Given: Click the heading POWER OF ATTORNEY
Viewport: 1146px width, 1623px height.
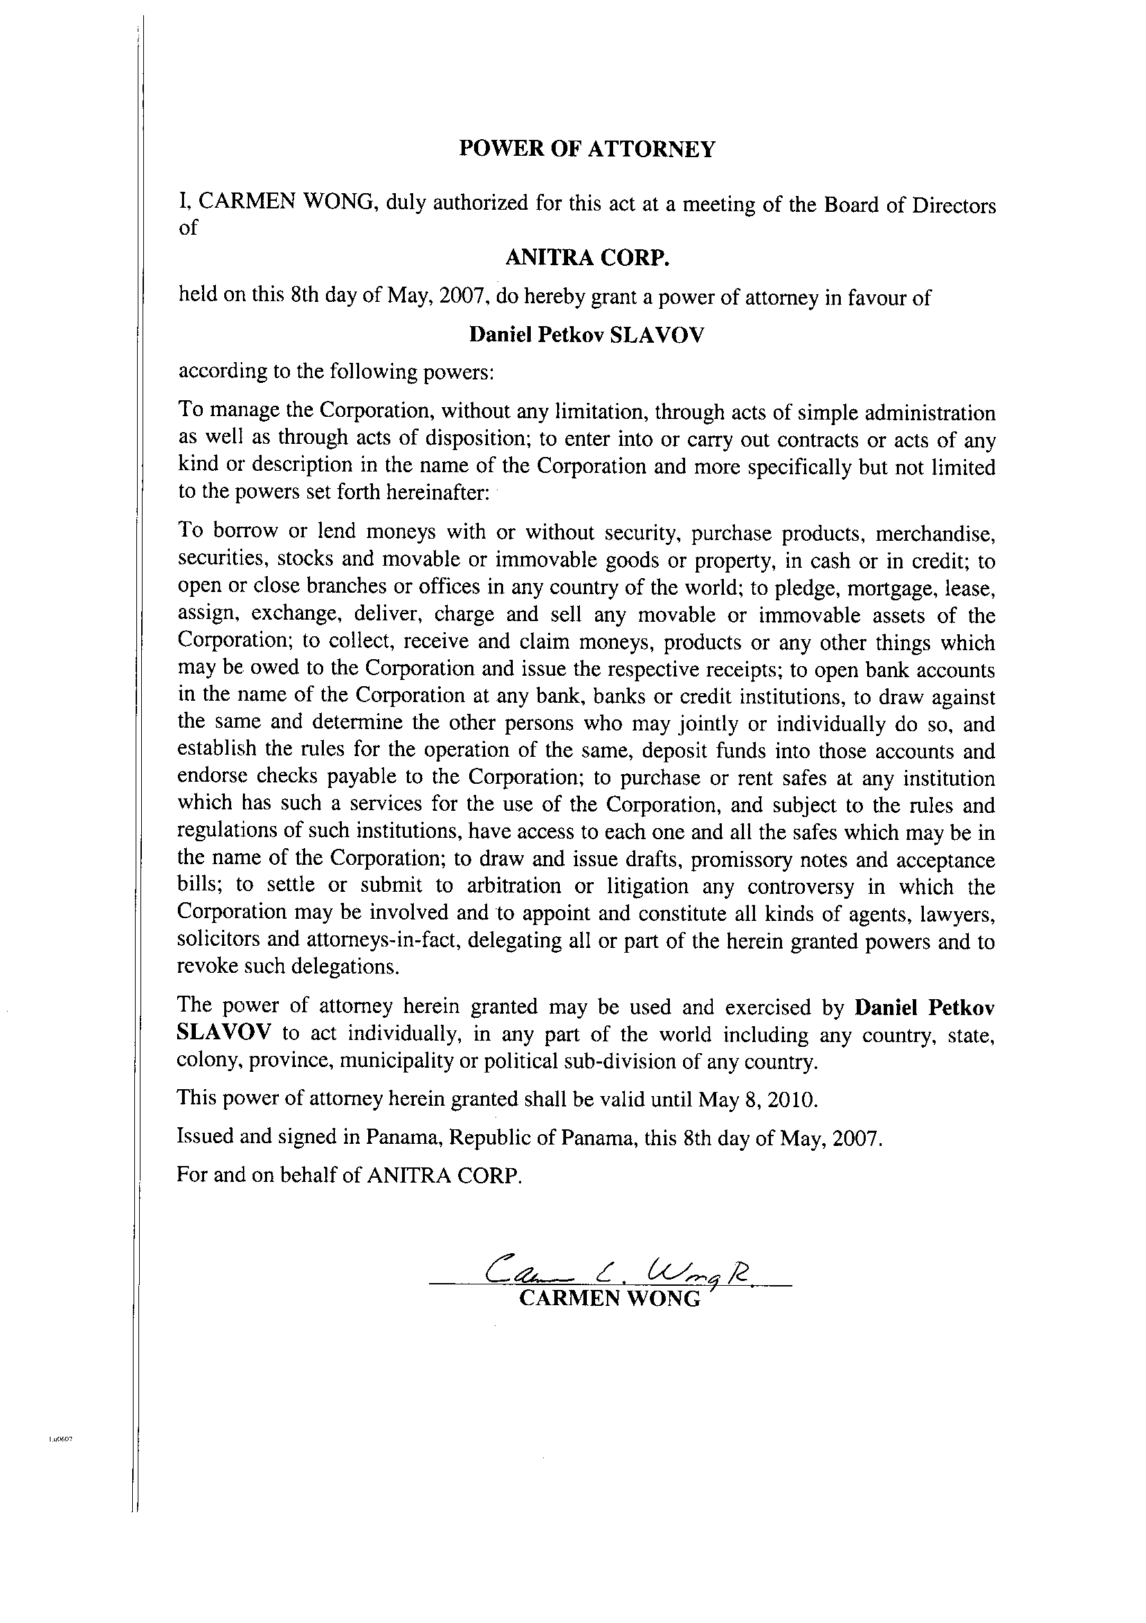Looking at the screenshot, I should (586, 149).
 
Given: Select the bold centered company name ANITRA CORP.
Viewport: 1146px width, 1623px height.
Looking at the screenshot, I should (586, 259).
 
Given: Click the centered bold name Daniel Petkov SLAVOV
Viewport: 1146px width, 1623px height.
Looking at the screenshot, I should (586, 334).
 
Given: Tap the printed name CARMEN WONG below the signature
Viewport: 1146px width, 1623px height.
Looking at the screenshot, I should (609, 1298).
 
